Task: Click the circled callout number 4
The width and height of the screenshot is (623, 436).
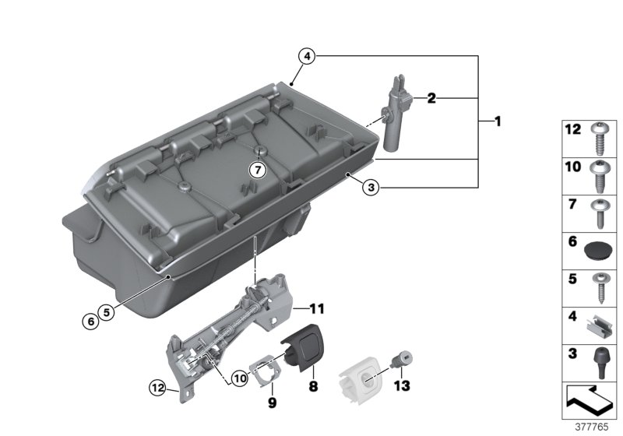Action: point(307,56)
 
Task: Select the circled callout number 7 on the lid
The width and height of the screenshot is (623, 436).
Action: point(258,169)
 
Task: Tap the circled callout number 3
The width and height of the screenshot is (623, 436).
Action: point(372,187)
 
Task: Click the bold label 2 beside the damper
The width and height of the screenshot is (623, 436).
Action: point(430,99)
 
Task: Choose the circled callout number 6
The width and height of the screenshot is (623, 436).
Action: point(92,320)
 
